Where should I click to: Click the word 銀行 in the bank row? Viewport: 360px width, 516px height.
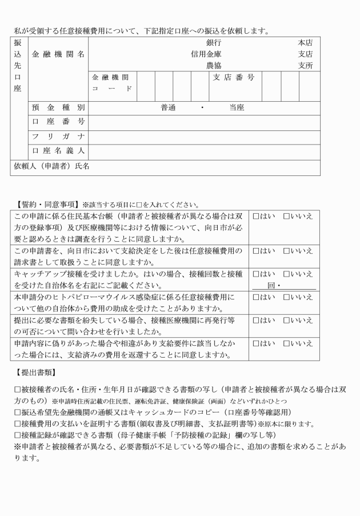(214, 43)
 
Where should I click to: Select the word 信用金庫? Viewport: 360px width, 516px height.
(206, 54)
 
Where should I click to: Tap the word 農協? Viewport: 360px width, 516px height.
(214, 66)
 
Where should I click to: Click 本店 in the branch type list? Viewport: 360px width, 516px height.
(305, 43)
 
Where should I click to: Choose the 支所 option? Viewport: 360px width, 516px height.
(305, 66)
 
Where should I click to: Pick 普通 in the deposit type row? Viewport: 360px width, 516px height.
(168, 107)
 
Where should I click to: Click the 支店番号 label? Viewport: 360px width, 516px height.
(234, 77)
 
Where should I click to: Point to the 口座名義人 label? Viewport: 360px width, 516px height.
(58, 151)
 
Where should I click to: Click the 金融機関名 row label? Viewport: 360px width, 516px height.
(58, 54)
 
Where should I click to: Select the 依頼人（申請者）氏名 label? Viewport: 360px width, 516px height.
(51, 166)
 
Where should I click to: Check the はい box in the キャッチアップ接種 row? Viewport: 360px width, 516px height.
(256, 274)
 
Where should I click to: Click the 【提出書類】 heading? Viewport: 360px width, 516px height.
(34, 373)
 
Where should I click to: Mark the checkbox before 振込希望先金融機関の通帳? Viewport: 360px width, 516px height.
(18, 411)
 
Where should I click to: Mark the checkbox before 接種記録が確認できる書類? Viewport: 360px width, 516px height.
(18, 434)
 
